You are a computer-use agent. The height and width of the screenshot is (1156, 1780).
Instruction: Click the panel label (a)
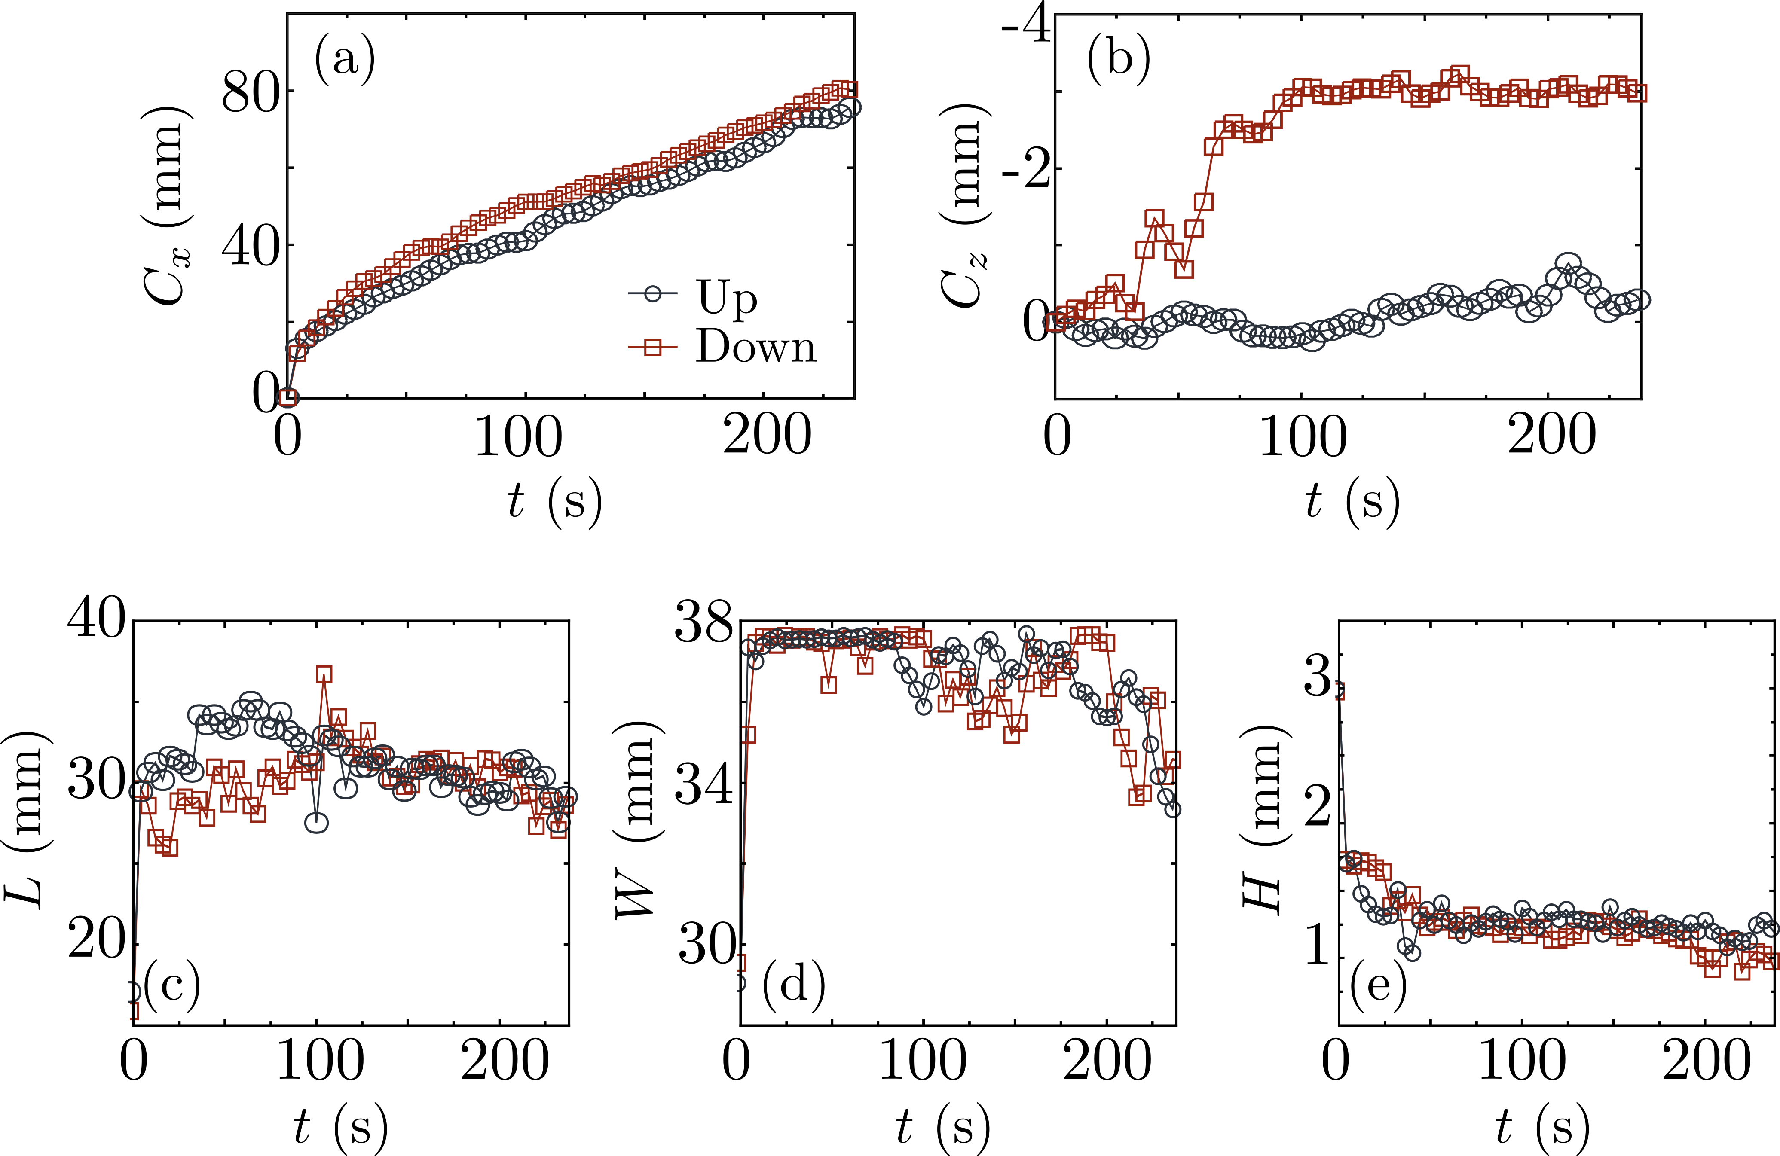[x=345, y=60]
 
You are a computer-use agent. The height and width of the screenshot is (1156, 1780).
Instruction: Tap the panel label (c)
[x=171, y=985]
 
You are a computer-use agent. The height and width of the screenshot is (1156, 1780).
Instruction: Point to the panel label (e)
[x=1378, y=985]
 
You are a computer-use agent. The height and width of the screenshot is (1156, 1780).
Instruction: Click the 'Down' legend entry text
[x=755, y=347]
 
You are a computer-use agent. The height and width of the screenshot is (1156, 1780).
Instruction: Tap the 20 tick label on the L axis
[x=96, y=941]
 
